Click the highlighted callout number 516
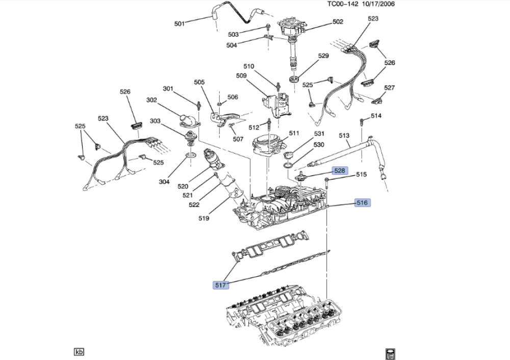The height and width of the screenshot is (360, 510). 362,203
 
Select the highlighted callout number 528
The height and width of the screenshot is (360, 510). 339,171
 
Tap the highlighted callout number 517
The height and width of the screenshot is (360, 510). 220,285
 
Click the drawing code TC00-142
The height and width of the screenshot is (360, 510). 344,5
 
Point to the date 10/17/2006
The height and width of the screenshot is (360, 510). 378,5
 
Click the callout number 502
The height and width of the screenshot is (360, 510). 338,22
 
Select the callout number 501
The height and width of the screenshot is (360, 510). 180,23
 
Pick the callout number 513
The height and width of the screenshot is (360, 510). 344,135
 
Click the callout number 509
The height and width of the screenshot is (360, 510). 242,76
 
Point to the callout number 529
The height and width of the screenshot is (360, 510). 323,56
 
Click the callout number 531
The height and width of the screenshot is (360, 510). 319,134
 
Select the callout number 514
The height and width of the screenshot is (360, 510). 376,116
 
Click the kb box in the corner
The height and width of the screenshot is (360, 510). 79,352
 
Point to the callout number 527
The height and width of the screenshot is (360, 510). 390,88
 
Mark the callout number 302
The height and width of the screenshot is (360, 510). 152,100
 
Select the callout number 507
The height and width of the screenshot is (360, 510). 238,139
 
